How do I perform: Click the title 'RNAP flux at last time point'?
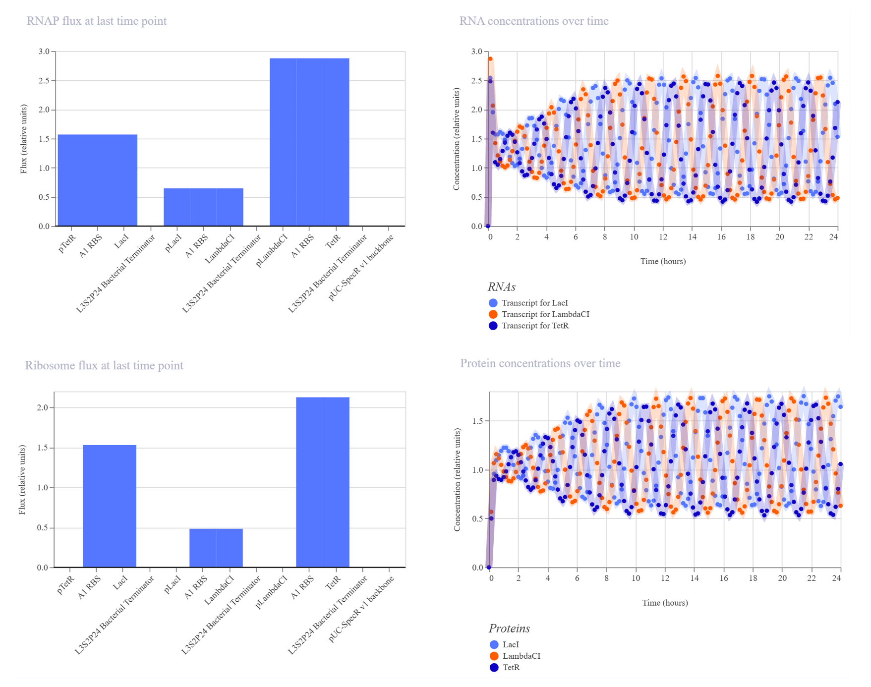pyautogui.click(x=97, y=21)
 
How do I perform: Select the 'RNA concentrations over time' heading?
pyautogui.click(x=534, y=21)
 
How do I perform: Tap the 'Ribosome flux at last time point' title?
pyautogui.click(x=104, y=365)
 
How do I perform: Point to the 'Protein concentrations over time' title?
pyautogui.click(x=540, y=363)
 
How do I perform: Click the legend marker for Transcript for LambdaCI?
pyautogui.click(x=493, y=314)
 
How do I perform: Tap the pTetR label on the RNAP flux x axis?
pyautogui.click(x=67, y=243)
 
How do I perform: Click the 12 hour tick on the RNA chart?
pyautogui.click(x=663, y=236)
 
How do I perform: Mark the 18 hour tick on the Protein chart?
pyautogui.click(x=753, y=578)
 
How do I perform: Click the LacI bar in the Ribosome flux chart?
pyautogui.click(x=123, y=506)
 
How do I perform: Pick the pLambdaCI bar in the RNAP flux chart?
pyautogui.click(x=283, y=142)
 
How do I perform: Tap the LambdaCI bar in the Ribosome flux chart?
pyautogui.click(x=230, y=548)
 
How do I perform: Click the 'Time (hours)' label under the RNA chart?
pyautogui.click(x=663, y=261)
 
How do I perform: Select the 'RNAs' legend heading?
pyautogui.click(x=502, y=287)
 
